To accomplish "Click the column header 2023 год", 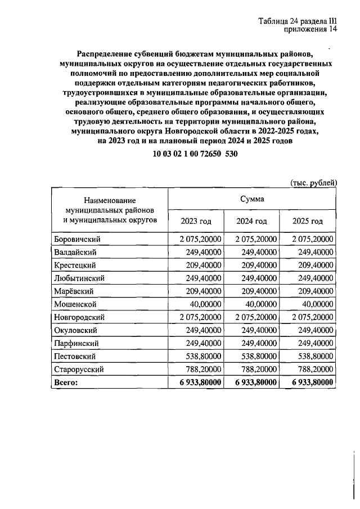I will click(196, 220).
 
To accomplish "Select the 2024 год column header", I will click(252, 220).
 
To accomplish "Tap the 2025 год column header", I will click(308, 220).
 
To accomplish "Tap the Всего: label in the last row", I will click(66, 382).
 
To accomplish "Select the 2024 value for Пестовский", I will click(258, 356).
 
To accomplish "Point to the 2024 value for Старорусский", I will click(258, 369).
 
